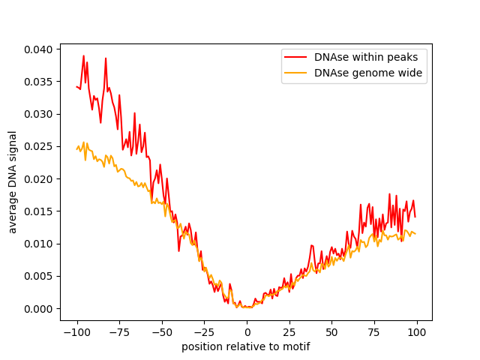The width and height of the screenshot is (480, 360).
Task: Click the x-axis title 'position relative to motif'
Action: (x=246, y=347)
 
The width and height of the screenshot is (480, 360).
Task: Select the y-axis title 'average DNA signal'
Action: (x=13, y=181)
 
